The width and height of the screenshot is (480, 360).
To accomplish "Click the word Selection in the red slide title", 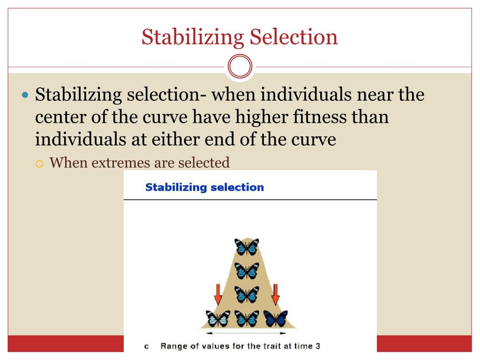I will click(x=293, y=37).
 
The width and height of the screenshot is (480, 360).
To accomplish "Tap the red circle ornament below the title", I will click(x=240, y=67).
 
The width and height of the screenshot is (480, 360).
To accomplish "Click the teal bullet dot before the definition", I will click(x=26, y=95).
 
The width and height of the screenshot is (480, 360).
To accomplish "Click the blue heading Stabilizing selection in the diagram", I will click(x=204, y=187).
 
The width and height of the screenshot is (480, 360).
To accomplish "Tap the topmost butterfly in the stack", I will click(x=247, y=246).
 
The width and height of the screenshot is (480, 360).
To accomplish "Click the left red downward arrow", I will click(x=218, y=292).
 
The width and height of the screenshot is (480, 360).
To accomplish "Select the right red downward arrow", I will click(x=276, y=292).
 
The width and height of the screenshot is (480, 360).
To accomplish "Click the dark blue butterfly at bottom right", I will click(x=275, y=318).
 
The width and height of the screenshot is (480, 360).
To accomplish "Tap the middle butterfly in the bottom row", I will click(x=247, y=318).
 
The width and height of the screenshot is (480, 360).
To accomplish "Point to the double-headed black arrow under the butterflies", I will click(x=247, y=333).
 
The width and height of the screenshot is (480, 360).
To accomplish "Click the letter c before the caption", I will click(x=147, y=346).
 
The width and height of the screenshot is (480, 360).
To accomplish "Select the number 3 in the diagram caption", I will click(x=318, y=346).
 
